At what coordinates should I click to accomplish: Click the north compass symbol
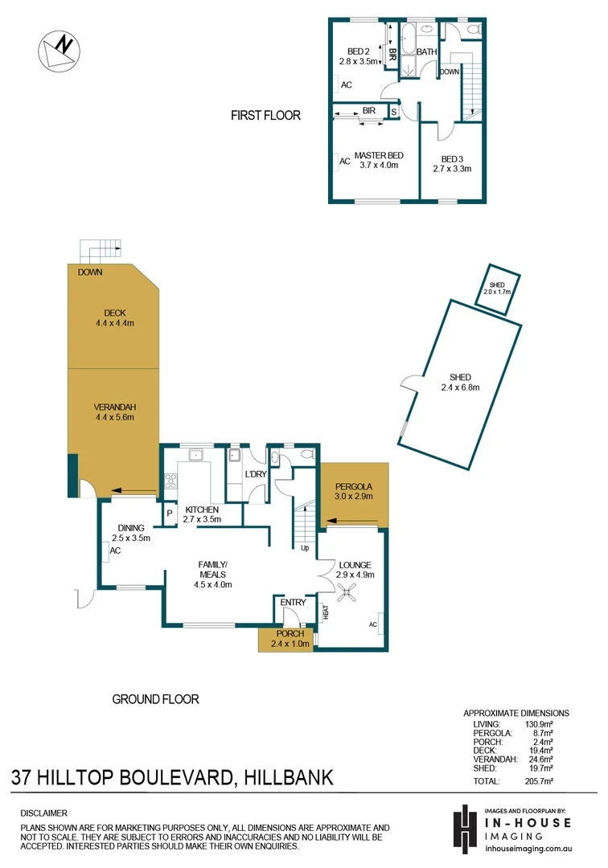tap(60, 50)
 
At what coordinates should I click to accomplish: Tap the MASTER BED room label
tap(378, 155)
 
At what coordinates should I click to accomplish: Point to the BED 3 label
tap(451, 158)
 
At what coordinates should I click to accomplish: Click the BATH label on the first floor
tap(427, 52)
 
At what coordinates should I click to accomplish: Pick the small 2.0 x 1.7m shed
tap(498, 286)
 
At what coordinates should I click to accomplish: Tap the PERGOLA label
tap(354, 487)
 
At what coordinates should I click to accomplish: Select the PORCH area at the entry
tap(290, 639)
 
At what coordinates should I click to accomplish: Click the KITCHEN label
tap(202, 510)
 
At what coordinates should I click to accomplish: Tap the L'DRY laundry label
tap(256, 475)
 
